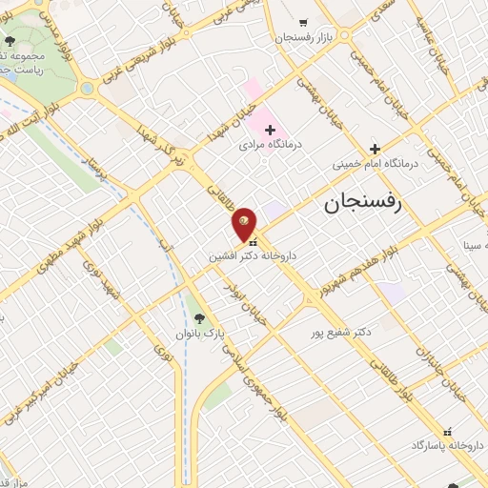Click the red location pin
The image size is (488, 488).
pyautogui.click(x=245, y=223)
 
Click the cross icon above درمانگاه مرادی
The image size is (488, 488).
pyautogui.click(x=270, y=129)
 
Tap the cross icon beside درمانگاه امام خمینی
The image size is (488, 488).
pyautogui.click(x=375, y=148)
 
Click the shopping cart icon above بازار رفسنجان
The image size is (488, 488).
pyautogui.click(x=303, y=22)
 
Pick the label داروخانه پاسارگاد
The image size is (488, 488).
pyautogui.click(x=444, y=444)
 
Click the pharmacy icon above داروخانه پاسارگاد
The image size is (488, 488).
pyautogui.click(x=444, y=430)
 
